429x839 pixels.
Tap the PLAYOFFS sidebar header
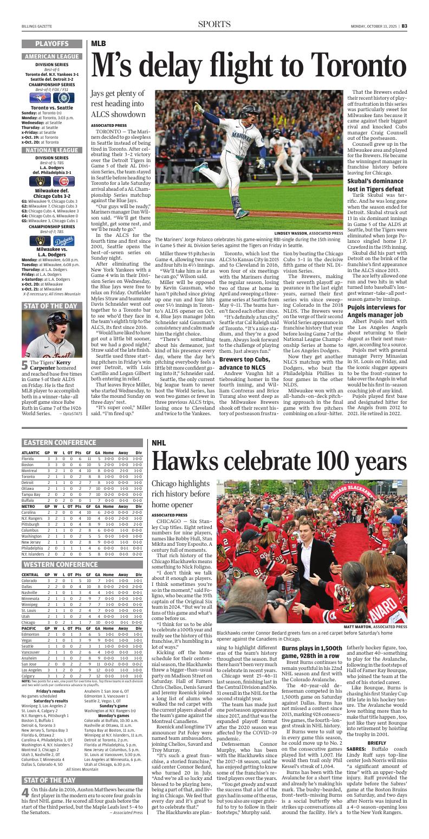(x=52, y=43)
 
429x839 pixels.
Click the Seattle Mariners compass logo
(x=63, y=98)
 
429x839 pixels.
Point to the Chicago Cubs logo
(x=63, y=182)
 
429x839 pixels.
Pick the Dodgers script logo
(x=63, y=241)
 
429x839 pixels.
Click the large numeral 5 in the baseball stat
(x=25, y=351)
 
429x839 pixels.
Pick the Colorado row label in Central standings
(x=29, y=580)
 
